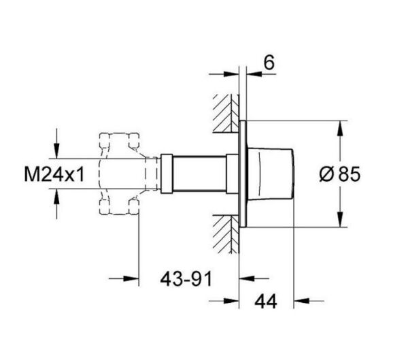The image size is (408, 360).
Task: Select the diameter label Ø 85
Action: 338,175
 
